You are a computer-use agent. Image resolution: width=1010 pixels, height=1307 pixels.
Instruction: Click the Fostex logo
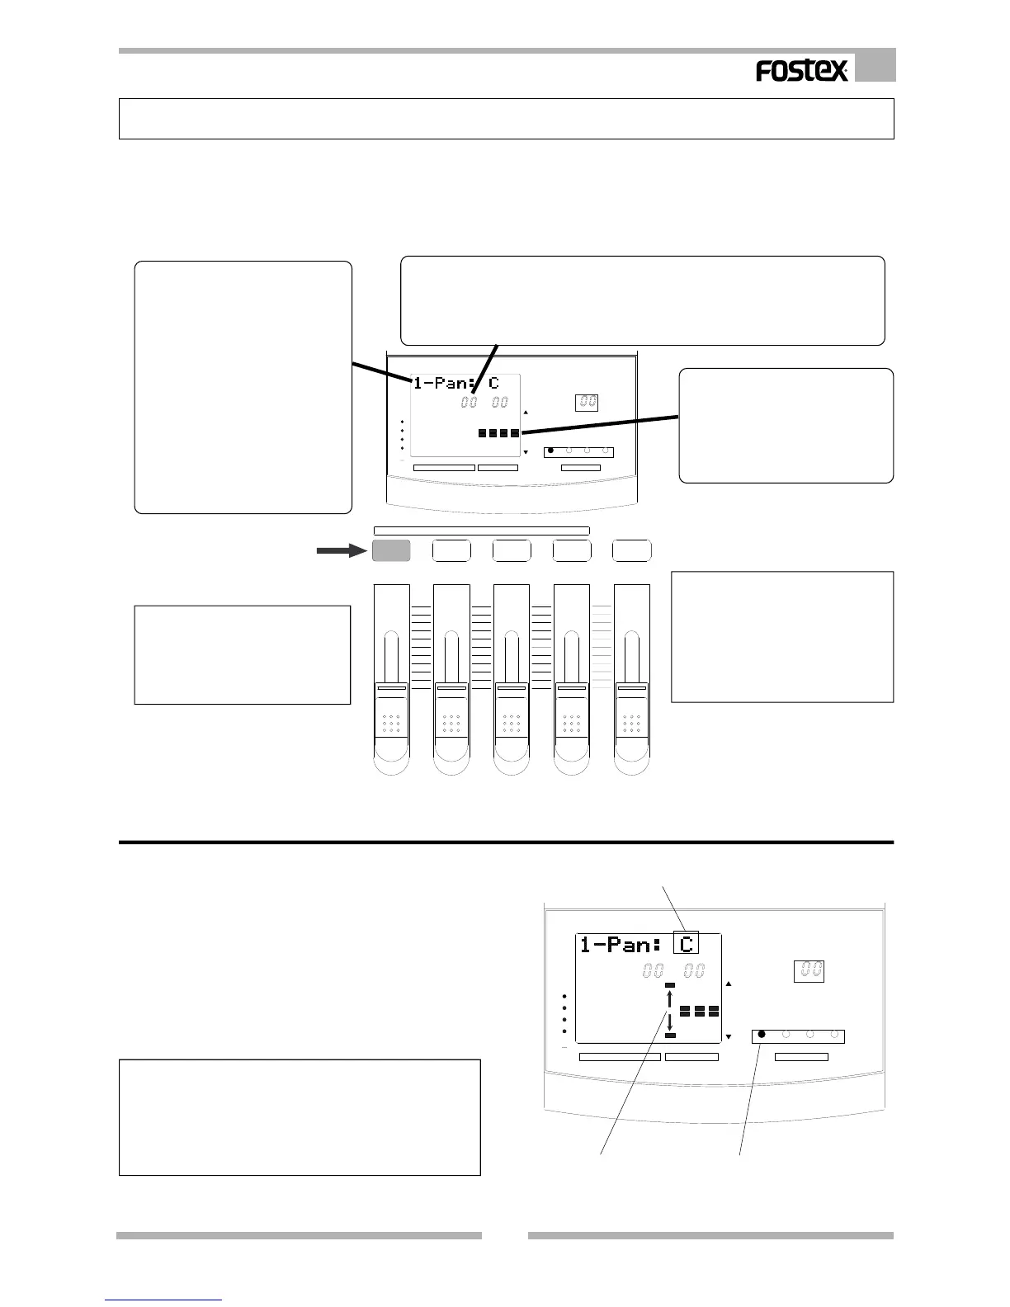click(801, 72)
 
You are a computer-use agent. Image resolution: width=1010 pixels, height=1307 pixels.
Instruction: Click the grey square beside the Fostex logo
click(875, 66)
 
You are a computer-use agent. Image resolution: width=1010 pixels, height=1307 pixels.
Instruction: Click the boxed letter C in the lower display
click(686, 944)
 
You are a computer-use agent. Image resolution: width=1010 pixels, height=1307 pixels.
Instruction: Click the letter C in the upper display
click(493, 384)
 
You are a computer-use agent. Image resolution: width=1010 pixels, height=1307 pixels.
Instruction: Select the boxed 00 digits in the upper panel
click(588, 403)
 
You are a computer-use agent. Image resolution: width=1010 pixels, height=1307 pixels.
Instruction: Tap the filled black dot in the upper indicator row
click(551, 451)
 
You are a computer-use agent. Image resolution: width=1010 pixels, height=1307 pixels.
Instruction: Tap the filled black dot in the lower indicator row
click(762, 1033)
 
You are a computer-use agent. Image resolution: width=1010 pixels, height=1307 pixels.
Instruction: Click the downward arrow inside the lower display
click(670, 1022)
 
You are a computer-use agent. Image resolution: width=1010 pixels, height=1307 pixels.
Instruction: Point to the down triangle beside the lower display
click(728, 1036)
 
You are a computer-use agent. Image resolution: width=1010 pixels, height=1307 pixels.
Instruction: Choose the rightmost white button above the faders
click(632, 550)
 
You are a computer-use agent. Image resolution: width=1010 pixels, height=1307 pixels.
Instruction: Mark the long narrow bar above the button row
click(481, 531)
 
